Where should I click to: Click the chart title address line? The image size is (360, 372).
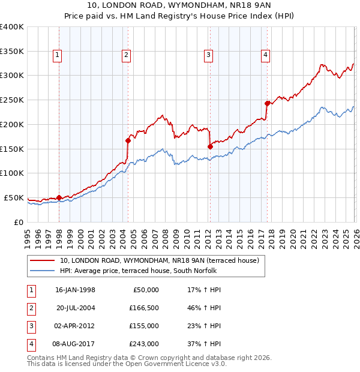point(179,5)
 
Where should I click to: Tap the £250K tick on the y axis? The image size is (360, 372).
point(12,100)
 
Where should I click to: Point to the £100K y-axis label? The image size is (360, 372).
point(12,173)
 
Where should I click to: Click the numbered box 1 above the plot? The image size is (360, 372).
point(58,55)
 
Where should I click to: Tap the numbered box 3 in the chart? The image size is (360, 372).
point(208,55)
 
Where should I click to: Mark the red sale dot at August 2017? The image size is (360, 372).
point(267,103)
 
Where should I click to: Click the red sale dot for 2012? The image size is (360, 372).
point(210,146)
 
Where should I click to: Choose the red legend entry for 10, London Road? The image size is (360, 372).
point(159,260)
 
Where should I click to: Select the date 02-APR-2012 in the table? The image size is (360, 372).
point(75,326)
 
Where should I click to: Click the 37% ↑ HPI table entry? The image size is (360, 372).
point(204,344)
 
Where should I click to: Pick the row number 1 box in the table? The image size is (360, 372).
point(29,290)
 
